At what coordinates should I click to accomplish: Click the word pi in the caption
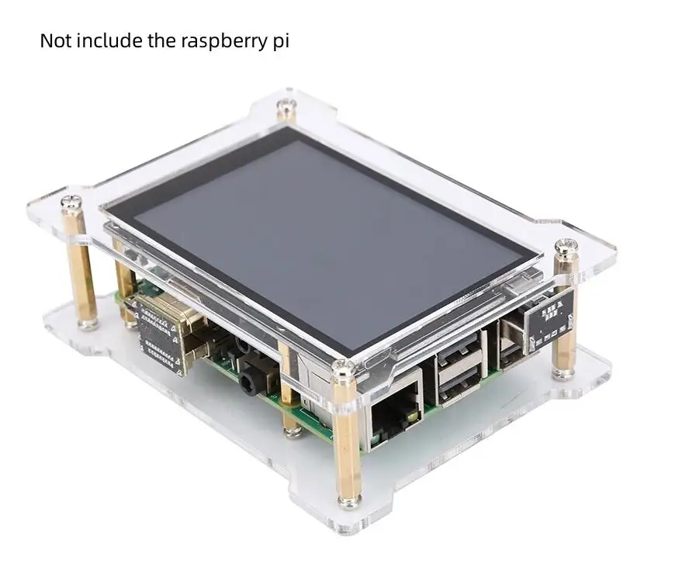[281, 42]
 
